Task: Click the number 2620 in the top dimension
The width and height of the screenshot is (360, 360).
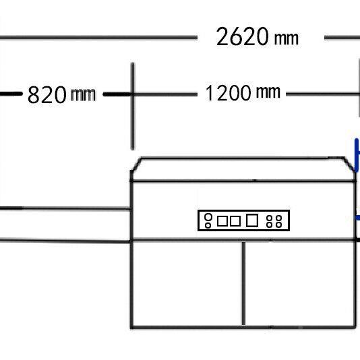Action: [x=242, y=36]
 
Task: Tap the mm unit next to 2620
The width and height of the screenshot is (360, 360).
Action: [x=287, y=38]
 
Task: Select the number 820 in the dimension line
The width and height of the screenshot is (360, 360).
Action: [x=47, y=94]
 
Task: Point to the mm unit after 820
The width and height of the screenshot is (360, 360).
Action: [x=83, y=95]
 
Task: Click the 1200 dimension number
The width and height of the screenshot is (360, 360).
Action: [x=228, y=93]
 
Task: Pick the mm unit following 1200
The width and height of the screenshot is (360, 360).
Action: [x=268, y=92]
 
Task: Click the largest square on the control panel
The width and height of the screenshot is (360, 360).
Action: [x=252, y=220]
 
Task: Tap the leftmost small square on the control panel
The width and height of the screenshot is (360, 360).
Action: [x=222, y=221]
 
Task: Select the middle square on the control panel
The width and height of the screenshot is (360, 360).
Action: [x=235, y=221]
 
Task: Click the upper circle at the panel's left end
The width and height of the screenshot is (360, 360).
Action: [x=208, y=217]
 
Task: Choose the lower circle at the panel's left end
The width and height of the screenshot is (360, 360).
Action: [x=208, y=225]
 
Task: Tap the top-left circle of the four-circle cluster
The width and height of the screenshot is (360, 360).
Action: [x=269, y=218]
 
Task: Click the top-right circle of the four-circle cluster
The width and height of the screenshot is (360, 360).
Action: [x=278, y=218]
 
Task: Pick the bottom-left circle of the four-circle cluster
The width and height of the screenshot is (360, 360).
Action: [x=269, y=224]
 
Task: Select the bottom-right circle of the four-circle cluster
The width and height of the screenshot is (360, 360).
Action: [x=278, y=224]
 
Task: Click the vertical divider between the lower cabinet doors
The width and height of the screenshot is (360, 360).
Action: [x=243, y=284]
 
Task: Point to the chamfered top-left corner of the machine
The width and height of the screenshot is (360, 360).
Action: [x=136, y=164]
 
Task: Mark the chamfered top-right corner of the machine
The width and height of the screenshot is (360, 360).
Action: [x=349, y=164]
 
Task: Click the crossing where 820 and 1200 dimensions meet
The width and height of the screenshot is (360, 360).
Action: [x=133, y=94]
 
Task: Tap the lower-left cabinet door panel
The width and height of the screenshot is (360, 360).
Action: [x=187, y=284]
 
